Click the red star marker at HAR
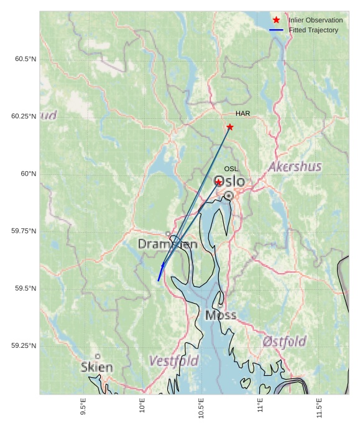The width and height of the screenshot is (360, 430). [x=230, y=127]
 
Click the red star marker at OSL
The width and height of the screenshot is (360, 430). [x=219, y=182]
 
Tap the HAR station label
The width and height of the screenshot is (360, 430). [x=242, y=113]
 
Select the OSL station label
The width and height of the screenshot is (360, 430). [x=231, y=169]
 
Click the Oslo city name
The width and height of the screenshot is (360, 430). [x=229, y=181]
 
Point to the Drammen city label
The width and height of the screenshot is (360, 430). [x=167, y=244]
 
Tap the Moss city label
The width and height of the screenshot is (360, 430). [x=221, y=315]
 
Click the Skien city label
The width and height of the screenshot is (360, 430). [x=97, y=367]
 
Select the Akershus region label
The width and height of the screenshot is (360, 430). [x=295, y=167]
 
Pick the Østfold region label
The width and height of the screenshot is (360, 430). [x=284, y=342]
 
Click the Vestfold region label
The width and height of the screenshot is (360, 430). [x=174, y=361]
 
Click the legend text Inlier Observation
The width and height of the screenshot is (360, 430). [x=315, y=21]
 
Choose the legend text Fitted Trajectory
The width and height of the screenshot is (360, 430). [x=313, y=30]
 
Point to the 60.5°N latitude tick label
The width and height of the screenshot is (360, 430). [x=25, y=59]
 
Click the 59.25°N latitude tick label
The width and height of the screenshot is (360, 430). [x=24, y=346]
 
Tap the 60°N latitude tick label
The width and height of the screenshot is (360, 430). [x=29, y=174]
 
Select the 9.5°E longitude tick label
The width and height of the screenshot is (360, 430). [x=83, y=407]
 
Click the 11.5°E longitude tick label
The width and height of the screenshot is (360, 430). [x=320, y=407]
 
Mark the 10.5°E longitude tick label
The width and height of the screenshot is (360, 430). [x=201, y=408]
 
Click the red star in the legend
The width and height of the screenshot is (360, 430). [x=276, y=21]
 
